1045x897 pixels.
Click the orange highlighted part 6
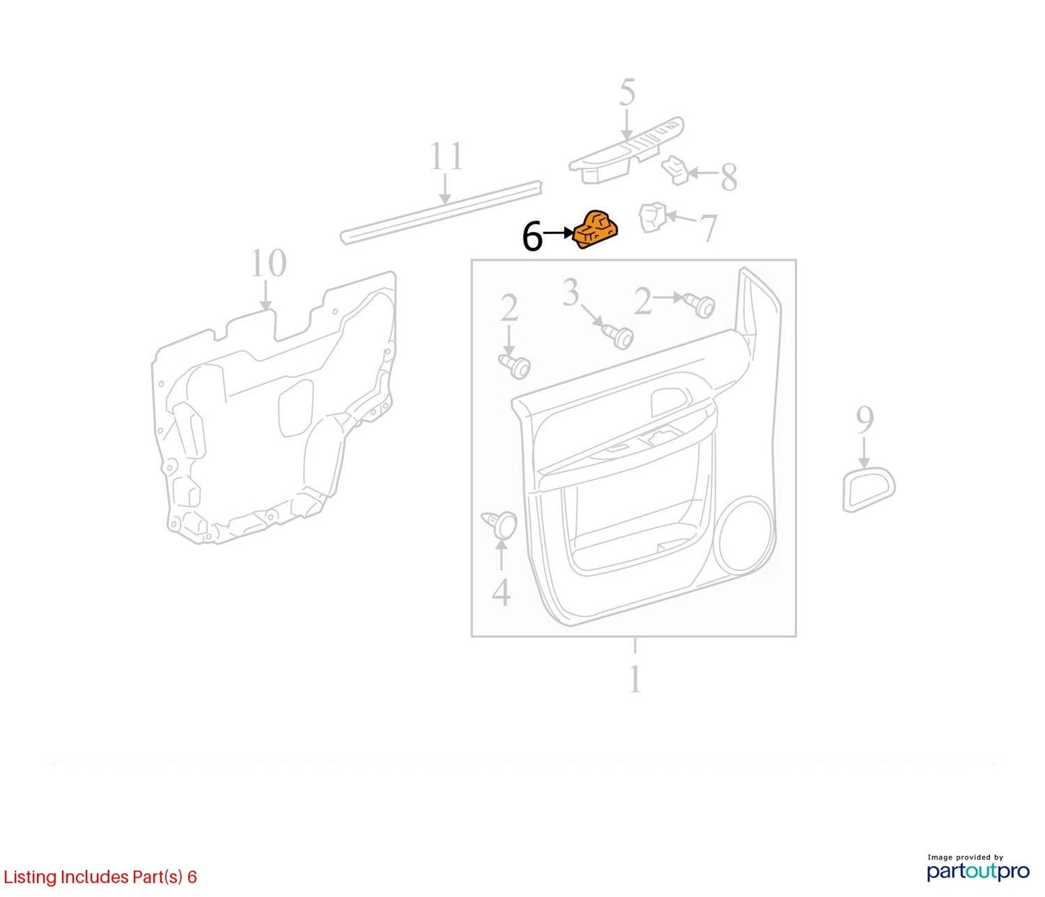point(596,230)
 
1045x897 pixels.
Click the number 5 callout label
point(627,92)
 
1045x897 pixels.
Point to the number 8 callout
point(728,177)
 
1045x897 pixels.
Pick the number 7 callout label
point(708,228)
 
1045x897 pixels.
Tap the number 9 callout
point(864,421)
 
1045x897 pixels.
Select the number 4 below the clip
point(501,592)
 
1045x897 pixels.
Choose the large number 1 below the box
point(635,679)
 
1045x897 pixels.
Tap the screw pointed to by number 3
point(618,335)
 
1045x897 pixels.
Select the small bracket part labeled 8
point(675,171)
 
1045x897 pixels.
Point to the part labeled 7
point(654,218)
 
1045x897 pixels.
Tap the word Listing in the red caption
point(30,876)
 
